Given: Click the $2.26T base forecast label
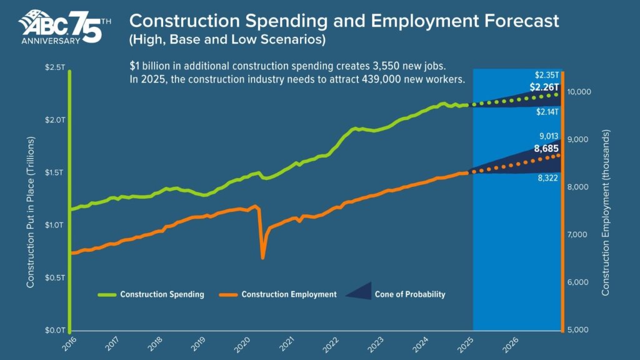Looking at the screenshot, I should [544, 87].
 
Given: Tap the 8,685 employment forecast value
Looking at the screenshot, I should [547, 149].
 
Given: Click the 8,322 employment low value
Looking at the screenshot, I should [548, 178].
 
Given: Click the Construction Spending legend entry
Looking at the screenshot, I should [162, 294].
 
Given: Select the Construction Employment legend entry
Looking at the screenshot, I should [289, 294].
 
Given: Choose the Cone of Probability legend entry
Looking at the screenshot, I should [409, 294].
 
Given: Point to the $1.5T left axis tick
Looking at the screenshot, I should [54, 172].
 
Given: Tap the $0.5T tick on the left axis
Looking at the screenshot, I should [54, 277].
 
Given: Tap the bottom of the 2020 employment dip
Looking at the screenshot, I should [262, 256].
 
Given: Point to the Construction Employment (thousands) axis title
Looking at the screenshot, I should [605, 212].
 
